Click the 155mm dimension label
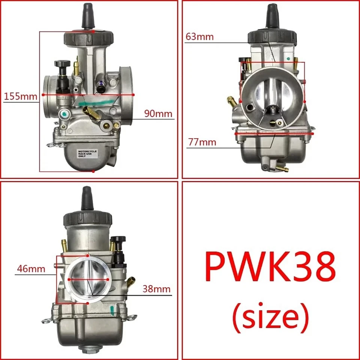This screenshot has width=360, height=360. [21, 96]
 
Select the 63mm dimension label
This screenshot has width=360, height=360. [199, 36]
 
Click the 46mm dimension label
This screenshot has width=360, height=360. [31, 268]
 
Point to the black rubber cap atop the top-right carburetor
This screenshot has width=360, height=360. [272, 15]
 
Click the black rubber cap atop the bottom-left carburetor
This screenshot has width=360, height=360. [87, 199]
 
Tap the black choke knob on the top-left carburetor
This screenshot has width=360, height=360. [62, 64]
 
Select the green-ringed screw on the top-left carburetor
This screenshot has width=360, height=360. [65, 114]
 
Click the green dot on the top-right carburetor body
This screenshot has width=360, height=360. [288, 58]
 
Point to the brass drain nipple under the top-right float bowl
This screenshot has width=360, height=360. [282, 169]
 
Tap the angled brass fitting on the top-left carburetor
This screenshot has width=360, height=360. [91, 112]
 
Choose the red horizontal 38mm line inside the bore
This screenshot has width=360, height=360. [89, 280]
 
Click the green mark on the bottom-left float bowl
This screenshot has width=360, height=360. [111, 310]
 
